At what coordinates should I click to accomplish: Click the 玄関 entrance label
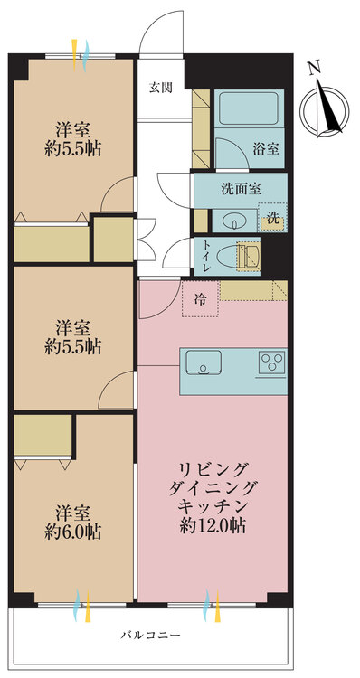(x=160, y=88)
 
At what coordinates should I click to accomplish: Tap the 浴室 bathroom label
(x=265, y=148)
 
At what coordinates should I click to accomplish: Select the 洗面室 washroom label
(x=241, y=189)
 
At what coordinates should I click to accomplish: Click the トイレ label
(x=207, y=254)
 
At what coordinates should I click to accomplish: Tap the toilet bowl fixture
(x=245, y=256)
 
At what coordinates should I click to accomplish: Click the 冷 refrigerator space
(x=199, y=300)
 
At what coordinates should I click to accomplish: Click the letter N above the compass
(x=313, y=67)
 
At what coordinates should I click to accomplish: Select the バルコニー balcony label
(x=151, y=635)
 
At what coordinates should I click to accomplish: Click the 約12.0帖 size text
(x=213, y=523)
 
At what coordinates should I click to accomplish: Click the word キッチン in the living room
(x=214, y=504)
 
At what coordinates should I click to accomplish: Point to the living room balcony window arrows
(x=213, y=603)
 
